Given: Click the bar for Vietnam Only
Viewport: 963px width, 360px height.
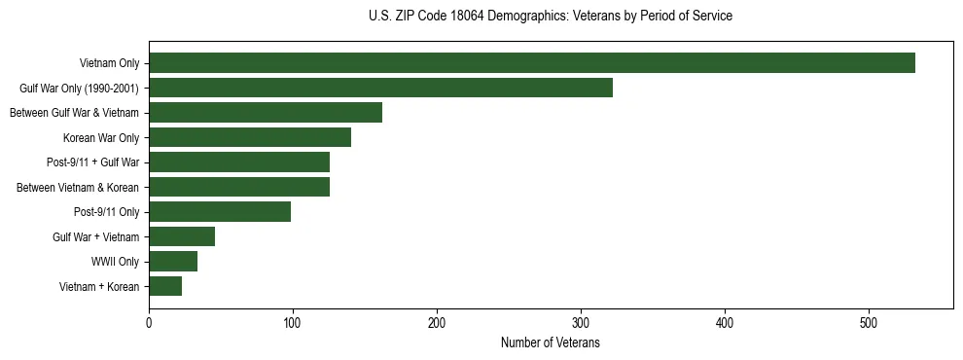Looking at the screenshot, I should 532,63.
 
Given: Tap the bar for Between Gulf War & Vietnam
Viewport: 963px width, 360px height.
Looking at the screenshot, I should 266,113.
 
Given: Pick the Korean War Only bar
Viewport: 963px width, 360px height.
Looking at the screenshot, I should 250,137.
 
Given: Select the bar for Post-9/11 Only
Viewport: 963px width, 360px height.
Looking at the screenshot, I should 220,211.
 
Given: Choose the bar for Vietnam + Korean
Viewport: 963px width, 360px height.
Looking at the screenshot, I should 165,286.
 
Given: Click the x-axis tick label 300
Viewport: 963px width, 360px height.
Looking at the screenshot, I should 581,323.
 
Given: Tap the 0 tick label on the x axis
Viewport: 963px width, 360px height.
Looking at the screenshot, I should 149,323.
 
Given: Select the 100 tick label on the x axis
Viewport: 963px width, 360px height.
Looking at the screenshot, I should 293,323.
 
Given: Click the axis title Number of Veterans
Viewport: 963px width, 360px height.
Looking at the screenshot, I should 551,343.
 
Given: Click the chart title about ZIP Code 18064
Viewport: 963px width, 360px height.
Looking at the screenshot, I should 551,17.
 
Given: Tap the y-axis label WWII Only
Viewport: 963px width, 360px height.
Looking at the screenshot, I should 116,262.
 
